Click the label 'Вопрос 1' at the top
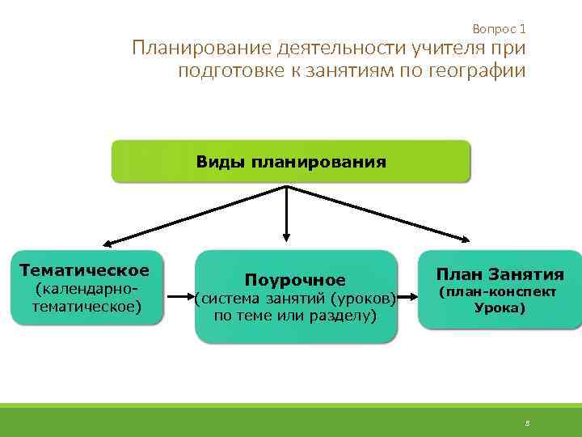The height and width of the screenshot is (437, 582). coord(499,28)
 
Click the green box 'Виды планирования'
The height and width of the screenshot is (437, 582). coord(290,161)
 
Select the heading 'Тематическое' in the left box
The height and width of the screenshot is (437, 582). coord(85,270)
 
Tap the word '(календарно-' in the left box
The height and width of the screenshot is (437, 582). coord(84,290)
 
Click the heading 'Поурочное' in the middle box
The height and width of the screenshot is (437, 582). coord(295,280)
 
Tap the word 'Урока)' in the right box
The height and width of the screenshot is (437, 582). coord(499,308)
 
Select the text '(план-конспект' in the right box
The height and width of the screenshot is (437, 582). coord(497,291)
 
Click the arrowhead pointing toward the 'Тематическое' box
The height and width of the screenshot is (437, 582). coord(107,242)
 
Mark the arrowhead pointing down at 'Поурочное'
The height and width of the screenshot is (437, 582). coord(285,237)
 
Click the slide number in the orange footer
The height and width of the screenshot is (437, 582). coord(526,422)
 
